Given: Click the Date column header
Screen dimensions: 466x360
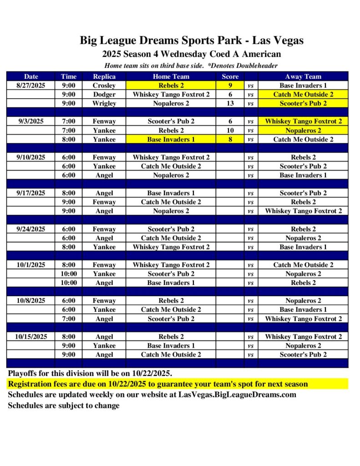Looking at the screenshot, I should tap(31, 76).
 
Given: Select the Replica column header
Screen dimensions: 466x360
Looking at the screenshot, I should tap(104, 76).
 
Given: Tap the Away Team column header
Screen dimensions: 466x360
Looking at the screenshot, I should tap(303, 76).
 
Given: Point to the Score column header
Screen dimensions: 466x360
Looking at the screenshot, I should tap(230, 76).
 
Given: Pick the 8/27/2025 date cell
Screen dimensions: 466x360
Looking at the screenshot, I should tap(31, 85).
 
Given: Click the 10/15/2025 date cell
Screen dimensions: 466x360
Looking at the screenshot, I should tap(31, 337).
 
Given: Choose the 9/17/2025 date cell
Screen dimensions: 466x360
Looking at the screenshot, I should tap(31, 193).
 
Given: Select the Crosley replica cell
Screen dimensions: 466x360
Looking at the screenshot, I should tap(104, 85).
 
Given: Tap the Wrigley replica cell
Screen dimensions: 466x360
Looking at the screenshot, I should tap(104, 103).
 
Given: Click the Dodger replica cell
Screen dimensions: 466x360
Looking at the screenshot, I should tap(104, 94).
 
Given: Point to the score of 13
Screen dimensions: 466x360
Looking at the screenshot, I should tap(230, 103).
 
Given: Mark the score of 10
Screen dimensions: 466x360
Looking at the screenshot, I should tap(230, 130).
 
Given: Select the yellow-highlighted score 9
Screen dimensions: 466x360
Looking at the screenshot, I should tap(230, 85).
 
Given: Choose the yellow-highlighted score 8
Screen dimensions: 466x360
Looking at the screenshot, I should tap(230, 139).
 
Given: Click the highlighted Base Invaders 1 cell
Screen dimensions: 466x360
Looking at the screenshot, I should tap(171, 139).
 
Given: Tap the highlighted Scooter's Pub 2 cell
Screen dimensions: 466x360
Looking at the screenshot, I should tap(303, 103).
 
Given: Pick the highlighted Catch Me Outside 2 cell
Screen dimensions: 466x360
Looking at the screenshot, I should tap(303, 94).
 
